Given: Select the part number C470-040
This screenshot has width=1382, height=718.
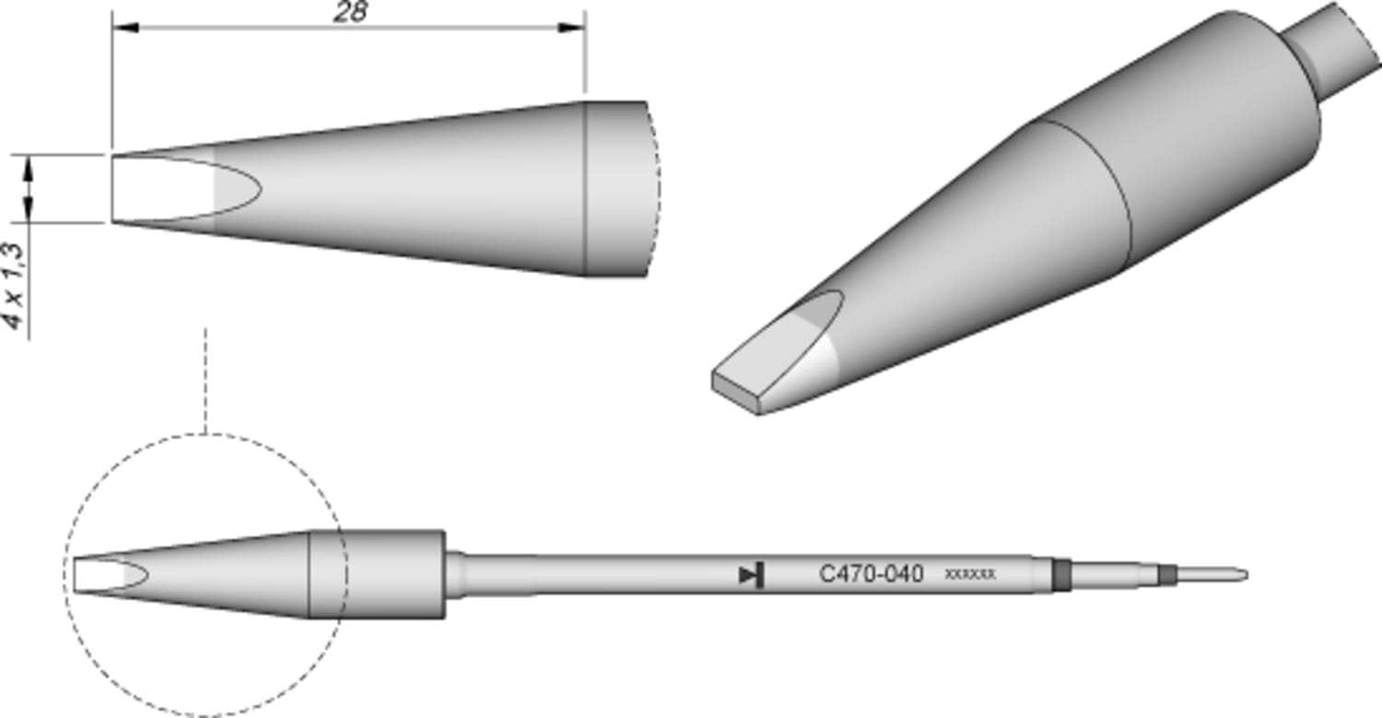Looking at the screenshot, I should coord(871,574).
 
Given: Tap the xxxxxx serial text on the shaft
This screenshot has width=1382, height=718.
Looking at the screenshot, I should coord(970,574).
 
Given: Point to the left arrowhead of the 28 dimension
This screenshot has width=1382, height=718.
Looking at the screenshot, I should coord(124,28).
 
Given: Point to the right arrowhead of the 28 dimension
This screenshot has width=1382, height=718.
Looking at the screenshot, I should coord(573,28).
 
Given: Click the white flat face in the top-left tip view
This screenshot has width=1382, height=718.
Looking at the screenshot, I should coord(161,188).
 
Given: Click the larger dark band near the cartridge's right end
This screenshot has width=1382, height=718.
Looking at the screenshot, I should coord(1062,574).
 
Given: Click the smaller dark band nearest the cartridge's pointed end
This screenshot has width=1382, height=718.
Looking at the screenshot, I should coord(1168,575).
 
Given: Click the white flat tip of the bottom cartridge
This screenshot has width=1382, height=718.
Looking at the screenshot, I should coord(97,575).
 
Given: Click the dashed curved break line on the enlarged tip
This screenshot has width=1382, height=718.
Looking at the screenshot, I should coord(655,188).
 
